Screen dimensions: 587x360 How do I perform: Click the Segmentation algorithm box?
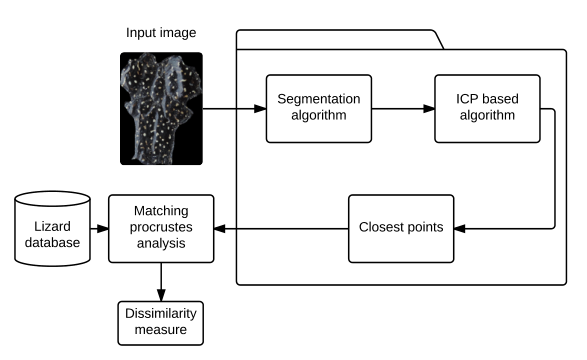pos(319,109)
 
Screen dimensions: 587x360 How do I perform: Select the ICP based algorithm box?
pos(487,109)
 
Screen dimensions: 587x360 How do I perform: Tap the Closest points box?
pos(401,228)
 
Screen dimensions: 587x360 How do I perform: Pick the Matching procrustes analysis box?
pos(161,228)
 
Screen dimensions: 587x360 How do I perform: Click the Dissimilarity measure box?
pos(161,323)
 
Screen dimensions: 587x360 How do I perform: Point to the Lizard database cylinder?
pos(52,228)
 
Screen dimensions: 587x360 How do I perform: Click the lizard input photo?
pos(161,109)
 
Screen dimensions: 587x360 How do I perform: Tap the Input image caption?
pos(161,33)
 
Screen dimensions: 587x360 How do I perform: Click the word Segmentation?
pos(319,99)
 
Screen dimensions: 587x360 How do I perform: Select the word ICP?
pos(467,99)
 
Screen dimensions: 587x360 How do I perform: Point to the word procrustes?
pos(161,227)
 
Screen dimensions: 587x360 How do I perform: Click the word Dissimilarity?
pos(161,314)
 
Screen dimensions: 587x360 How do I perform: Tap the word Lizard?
pos(52,226)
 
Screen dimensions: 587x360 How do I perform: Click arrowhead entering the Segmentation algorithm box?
pos(260,109)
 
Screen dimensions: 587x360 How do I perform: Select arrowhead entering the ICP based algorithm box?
pos(429,109)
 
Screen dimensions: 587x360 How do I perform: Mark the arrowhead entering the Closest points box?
pos(460,228)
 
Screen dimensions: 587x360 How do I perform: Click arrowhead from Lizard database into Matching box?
pos(103,228)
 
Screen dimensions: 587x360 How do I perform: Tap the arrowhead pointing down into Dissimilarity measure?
pos(161,295)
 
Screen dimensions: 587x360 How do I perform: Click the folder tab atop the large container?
pos(340,39)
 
